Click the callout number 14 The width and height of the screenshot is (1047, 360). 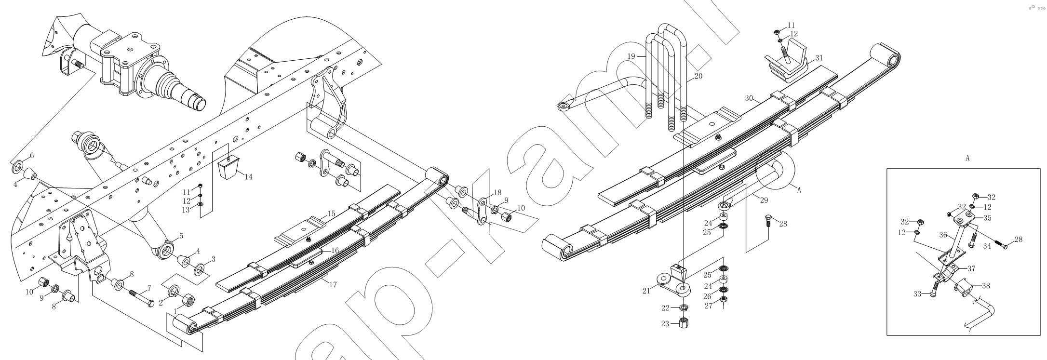point(248,177)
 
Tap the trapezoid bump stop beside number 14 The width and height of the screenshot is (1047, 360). point(228,168)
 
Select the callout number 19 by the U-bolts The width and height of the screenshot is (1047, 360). point(631,56)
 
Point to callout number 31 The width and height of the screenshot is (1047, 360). point(819,58)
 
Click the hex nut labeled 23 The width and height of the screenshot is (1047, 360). point(683,322)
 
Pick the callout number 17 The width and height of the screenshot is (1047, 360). point(333,284)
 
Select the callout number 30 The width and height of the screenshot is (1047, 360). point(749,98)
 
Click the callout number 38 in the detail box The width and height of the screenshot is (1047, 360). point(986,285)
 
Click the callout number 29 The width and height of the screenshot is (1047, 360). point(764,200)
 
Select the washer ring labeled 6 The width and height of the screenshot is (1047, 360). point(16,168)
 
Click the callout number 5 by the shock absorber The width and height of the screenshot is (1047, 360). point(181,236)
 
